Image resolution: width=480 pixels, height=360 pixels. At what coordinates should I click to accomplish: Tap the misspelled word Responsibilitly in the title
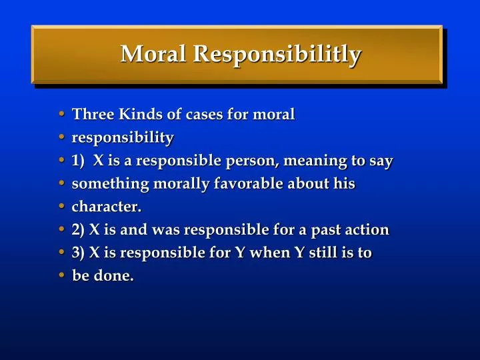[x=277, y=55]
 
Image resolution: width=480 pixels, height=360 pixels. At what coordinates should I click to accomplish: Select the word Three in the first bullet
[x=93, y=114]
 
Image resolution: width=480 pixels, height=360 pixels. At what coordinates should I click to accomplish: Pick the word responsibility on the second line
[x=123, y=138]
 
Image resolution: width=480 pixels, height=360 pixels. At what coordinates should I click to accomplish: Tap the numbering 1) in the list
[x=79, y=161]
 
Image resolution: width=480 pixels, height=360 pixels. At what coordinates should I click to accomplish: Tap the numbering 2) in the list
[x=78, y=230]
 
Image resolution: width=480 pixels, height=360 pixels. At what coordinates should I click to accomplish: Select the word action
[x=367, y=230]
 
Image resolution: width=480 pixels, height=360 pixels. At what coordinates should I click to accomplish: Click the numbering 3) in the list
[x=78, y=253]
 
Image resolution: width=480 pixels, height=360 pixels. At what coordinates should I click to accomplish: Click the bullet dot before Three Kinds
[x=62, y=115]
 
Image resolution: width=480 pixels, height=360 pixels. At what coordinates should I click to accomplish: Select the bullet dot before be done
[x=62, y=276]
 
